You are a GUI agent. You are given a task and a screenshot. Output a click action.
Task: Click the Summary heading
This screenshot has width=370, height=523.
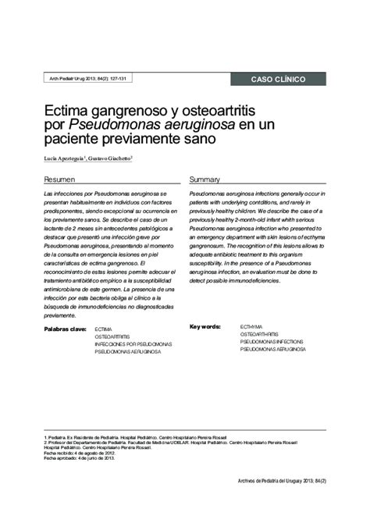pyautogui.click(x=205, y=179)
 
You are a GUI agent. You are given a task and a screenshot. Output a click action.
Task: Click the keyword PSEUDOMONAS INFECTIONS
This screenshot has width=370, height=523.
pyautogui.click(x=272, y=342)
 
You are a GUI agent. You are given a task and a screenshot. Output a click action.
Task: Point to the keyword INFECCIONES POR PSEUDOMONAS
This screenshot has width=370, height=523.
pyautogui.click(x=127, y=344)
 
